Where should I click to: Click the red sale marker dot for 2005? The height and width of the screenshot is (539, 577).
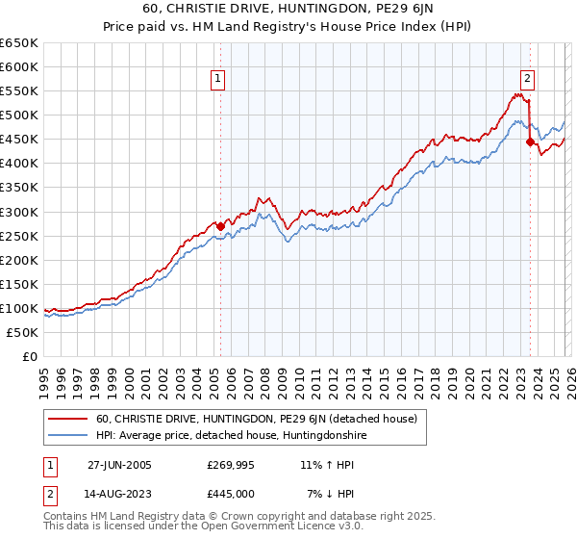pyautogui.click(x=220, y=226)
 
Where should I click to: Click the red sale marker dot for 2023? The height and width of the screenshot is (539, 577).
pyautogui.click(x=530, y=141)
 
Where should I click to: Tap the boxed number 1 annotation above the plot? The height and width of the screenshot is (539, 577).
pyautogui.click(x=219, y=80)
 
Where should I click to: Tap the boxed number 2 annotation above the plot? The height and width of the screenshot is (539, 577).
pyautogui.click(x=528, y=80)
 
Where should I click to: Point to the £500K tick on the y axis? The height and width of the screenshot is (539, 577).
pyautogui.click(x=19, y=115)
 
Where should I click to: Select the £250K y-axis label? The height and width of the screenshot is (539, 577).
pyautogui.click(x=19, y=236)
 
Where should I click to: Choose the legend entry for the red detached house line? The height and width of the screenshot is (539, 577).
pyautogui.click(x=256, y=419)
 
